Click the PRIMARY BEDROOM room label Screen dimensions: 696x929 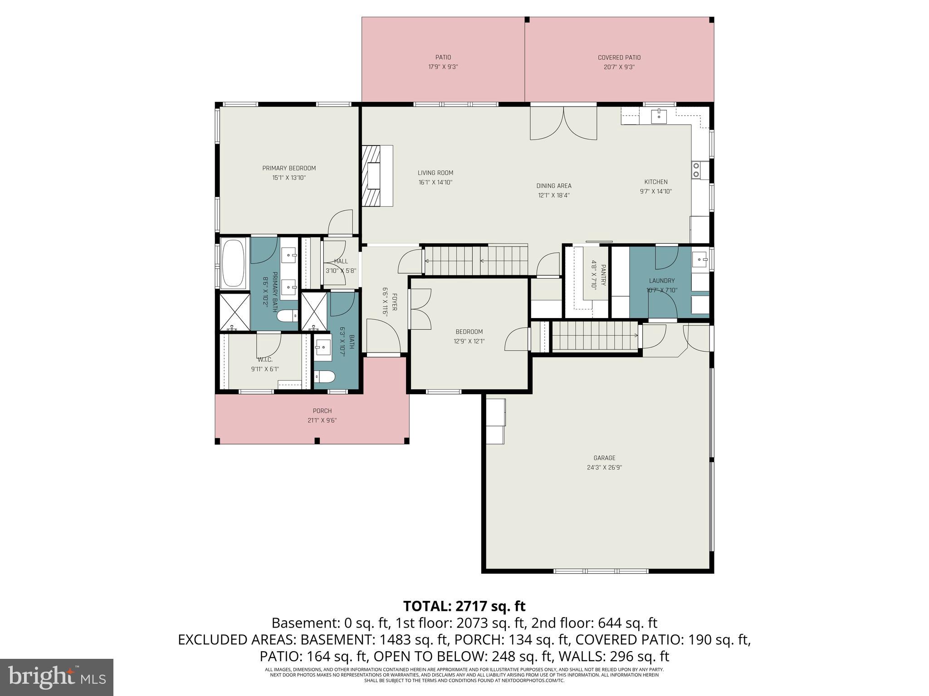(x=289, y=168)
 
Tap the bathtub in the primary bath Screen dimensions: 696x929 (x=233, y=264)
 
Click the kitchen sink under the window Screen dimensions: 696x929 (x=658, y=116)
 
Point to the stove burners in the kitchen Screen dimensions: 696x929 (x=696, y=169)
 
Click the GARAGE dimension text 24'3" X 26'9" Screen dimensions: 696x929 (x=604, y=467)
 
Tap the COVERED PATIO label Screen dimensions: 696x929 (x=619, y=58)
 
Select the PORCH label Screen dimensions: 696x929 (x=322, y=411)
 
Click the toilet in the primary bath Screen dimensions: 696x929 (x=287, y=316)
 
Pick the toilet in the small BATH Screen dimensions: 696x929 (x=325, y=376)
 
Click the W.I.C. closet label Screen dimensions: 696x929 (x=265, y=360)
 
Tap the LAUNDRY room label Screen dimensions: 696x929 (x=662, y=280)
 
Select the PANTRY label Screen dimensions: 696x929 (x=603, y=275)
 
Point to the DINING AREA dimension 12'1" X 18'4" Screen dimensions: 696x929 (x=554, y=195)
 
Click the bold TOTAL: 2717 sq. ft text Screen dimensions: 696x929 (x=464, y=606)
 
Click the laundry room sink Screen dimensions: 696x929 (x=701, y=260)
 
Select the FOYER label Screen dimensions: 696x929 (x=394, y=302)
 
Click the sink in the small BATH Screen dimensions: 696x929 (x=323, y=348)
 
